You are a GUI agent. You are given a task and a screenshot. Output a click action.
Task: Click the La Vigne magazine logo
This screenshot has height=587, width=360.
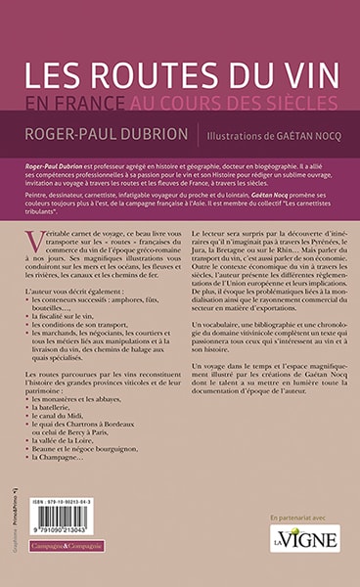click(304, 537)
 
